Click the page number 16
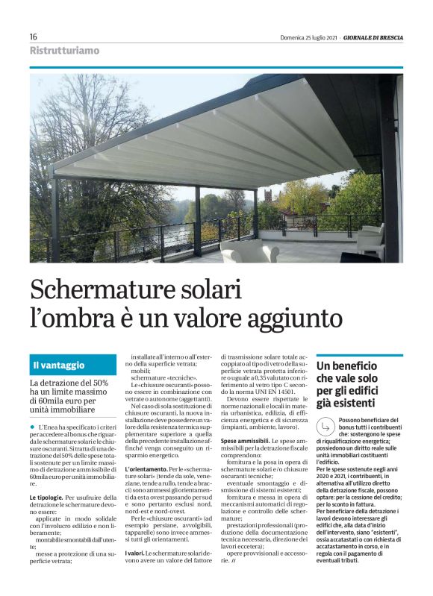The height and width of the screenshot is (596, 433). [x=34, y=37]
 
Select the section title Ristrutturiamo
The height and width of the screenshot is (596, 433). [x=64, y=51]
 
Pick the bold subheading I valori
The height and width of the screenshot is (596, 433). [x=134, y=553]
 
